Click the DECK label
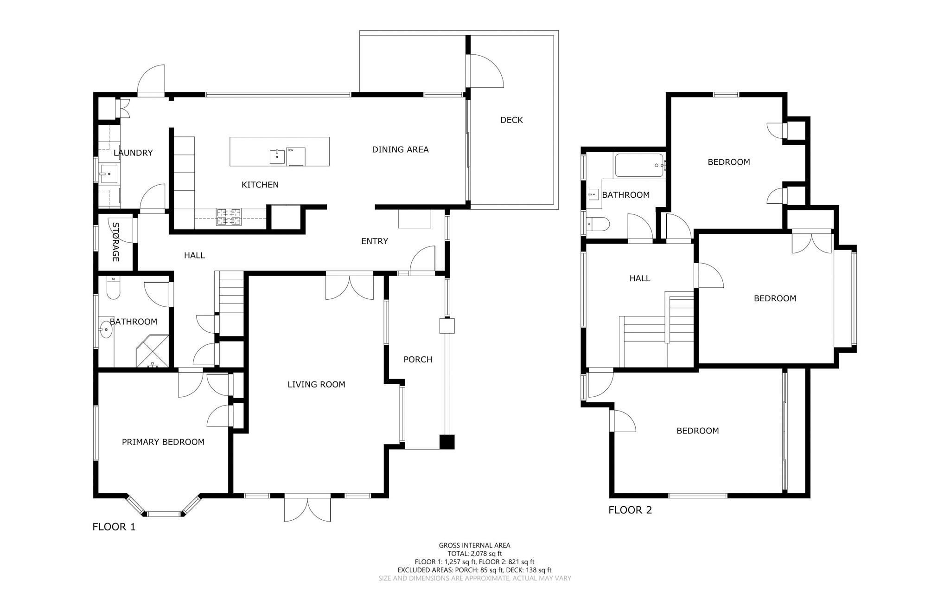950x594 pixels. coord(511,120)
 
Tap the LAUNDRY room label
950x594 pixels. coord(133,153)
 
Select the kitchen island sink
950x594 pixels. coord(277,156)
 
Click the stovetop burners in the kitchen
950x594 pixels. coord(229,217)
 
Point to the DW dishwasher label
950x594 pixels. coord(290,150)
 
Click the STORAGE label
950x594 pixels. coord(115,242)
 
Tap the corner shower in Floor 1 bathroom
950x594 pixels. coord(153,351)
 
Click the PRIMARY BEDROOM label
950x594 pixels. coord(163,442)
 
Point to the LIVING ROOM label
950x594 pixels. coord(316,384)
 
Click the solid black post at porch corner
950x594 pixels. coord(447,442)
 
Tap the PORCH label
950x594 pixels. coord(418,359)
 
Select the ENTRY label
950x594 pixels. coord(375,241)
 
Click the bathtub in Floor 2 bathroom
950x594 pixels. coord(639,165)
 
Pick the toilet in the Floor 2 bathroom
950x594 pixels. coord(598,224)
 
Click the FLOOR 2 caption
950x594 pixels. coord(630,510)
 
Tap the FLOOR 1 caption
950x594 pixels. coord(114,527)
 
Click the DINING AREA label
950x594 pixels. coord(401,149)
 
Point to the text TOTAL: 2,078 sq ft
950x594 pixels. coord(475,554)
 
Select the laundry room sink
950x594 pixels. coord(109,174)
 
